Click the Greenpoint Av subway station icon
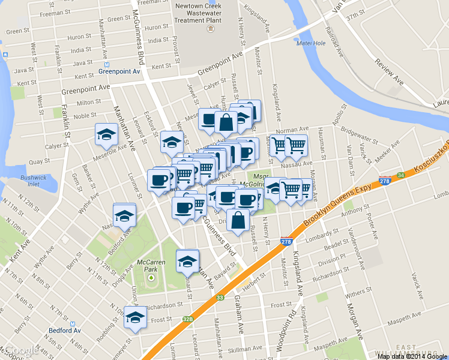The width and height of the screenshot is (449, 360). coord(106,64)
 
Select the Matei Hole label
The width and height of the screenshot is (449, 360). coord(311,43)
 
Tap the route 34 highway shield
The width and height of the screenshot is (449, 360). coord(400,175)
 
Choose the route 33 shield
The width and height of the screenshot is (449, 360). coord(220,297)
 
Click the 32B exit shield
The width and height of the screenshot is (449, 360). coord(188,320)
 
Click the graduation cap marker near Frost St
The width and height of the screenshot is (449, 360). coord(134,316)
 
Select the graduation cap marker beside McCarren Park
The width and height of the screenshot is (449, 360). coord(187,260)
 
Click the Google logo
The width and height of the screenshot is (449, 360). coord(20,351)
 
